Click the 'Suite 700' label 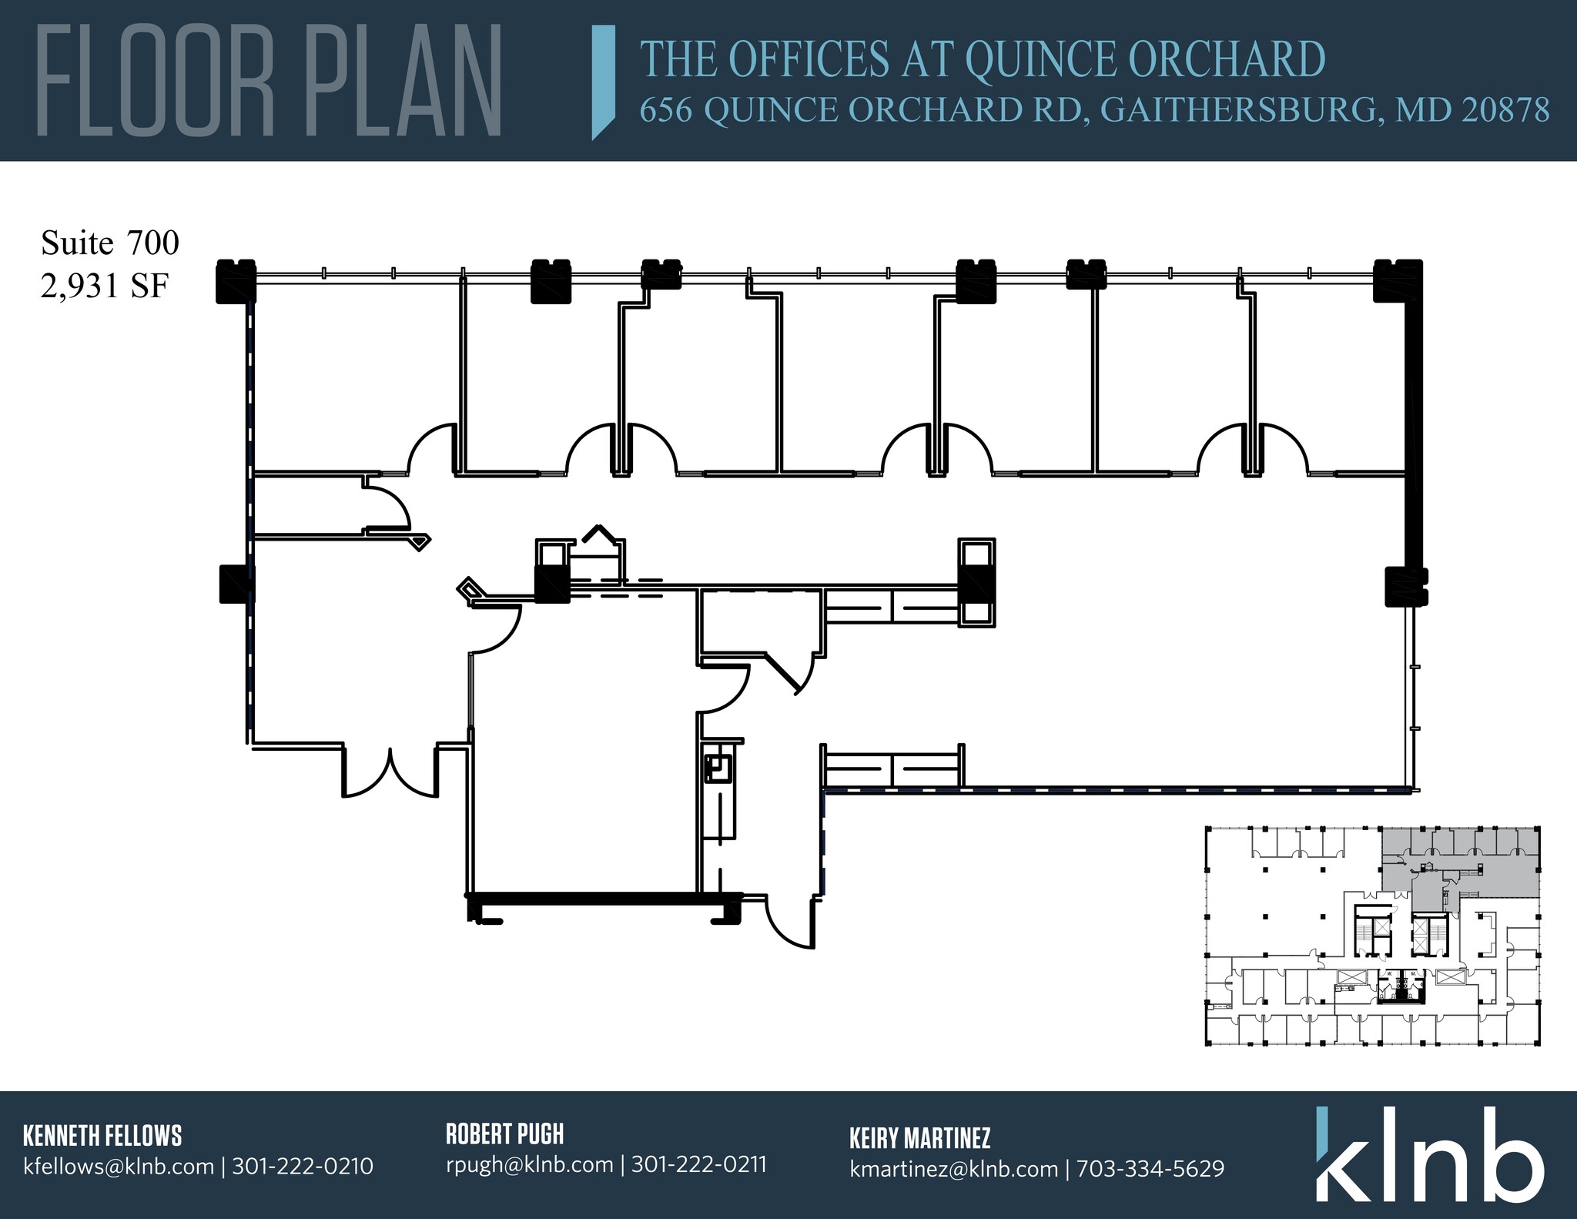click(109, 243)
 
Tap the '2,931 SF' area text click(105, 286)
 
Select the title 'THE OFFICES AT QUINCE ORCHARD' click(983, 59)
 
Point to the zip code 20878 click(1505, 110)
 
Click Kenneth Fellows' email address click(119, 1166)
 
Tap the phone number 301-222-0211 click(698, 1164)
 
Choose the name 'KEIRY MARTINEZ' click(919, 1137)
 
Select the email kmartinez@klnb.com click(953, 1168)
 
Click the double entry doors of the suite click(391, 772)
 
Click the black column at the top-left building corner click(235, 280)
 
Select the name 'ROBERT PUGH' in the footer click(504, 1134)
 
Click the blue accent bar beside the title click(604, 82)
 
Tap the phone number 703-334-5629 click(1150, 1168)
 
